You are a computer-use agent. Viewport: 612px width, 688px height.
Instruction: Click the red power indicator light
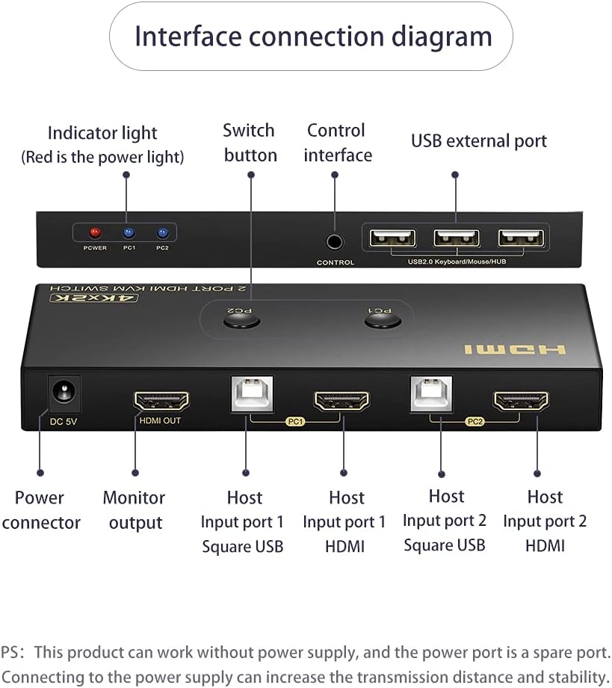coord(95,232)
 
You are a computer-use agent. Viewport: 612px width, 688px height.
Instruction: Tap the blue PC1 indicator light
coord(129,232)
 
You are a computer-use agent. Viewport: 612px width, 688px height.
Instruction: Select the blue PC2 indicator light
coord(162,232)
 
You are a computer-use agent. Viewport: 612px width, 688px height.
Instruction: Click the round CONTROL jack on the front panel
coord(335,242)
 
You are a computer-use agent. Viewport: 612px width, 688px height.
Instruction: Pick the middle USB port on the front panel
coord(457,238)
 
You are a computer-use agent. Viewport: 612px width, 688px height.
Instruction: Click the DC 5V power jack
coord(64,393)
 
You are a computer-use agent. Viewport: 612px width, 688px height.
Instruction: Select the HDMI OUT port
coord(161,401)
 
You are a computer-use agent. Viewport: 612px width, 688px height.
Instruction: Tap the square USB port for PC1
coord(252,394)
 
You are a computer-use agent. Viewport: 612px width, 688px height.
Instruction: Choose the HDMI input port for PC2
coord(521,401)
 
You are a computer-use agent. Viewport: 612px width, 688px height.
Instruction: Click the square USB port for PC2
coord(431,394)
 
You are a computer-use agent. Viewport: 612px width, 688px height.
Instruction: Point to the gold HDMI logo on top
coord(515,350)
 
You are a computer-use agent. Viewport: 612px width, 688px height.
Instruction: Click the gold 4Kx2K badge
coord(94,298)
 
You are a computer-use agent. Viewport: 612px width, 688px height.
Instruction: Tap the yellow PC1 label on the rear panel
coord(295,421)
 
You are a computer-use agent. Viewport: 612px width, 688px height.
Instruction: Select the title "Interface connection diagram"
coord(313,36)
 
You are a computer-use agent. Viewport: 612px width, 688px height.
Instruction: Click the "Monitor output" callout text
coord(134,510)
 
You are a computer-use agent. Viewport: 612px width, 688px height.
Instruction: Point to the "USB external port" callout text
coord(479,141)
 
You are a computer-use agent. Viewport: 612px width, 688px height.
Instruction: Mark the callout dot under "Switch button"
coord(251,175)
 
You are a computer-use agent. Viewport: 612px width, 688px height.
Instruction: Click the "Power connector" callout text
coord(41,510)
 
